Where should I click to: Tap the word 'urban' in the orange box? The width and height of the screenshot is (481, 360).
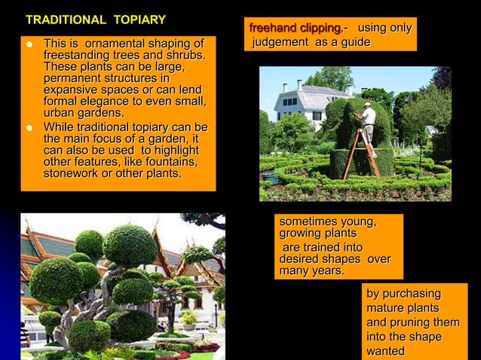click(x=61, y=113)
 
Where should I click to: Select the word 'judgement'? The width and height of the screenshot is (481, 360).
click(x=279, y=42)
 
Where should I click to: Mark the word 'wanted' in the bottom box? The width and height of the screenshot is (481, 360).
click(x=385, y=351)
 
